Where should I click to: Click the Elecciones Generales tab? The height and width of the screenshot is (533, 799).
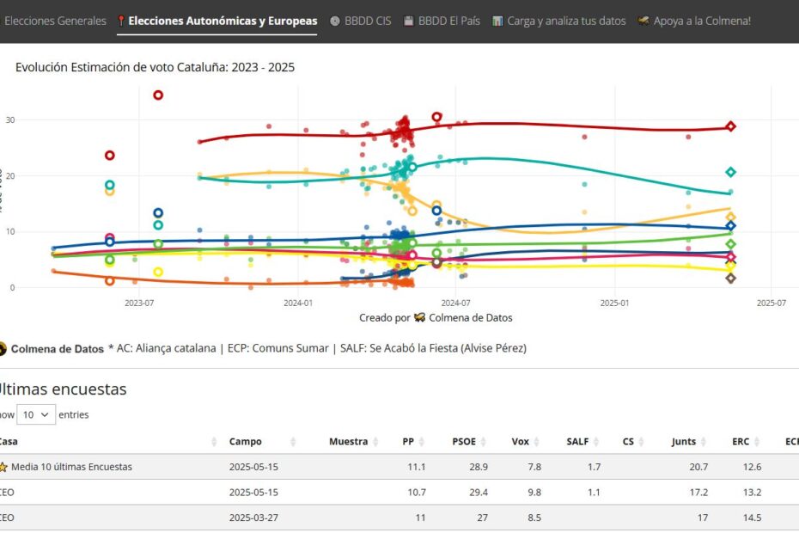point(55,21)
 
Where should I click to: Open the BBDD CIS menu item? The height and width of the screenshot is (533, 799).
point(360,21)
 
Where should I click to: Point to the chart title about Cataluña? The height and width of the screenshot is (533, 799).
point(155,67)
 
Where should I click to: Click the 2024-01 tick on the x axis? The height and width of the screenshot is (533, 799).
point(297,303)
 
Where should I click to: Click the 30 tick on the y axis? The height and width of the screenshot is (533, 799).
point(9,119)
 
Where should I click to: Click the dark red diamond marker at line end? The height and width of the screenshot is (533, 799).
point(730,126)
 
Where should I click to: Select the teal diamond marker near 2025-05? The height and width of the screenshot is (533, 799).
point(730,172)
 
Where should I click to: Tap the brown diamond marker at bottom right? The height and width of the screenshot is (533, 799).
point(730,278)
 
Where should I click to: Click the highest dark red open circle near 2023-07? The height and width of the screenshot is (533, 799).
point(158,95)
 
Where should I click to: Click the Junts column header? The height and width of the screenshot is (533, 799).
point(684,442)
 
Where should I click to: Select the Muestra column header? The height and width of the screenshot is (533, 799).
point(348,442)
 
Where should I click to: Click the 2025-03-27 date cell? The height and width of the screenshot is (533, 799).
point(253,518)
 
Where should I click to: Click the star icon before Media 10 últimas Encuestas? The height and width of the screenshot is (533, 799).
point(3,467)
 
